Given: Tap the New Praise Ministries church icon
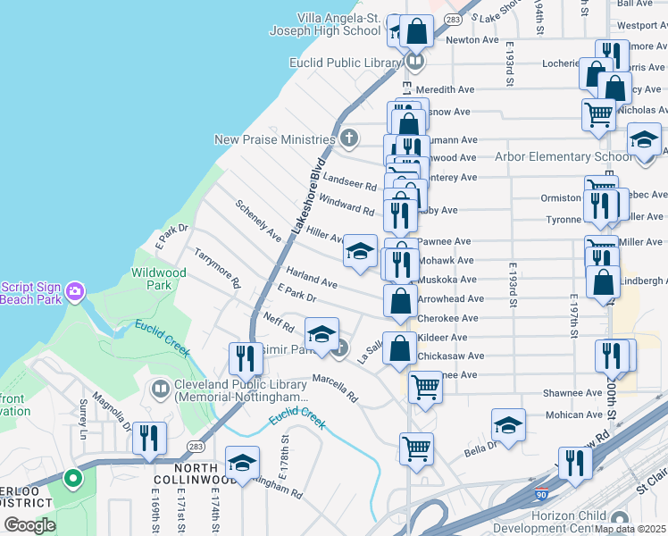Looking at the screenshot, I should click(349, 138).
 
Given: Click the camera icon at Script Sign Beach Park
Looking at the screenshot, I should click(75, 291).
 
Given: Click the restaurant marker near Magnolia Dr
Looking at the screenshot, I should click(148, 438).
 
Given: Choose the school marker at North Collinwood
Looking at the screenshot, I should click(240, 462).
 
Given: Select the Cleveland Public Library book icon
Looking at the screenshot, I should click(160, 389).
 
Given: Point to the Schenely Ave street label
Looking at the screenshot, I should click(259, 219).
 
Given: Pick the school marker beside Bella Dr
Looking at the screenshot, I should click(508, 424).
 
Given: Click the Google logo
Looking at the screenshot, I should click(29, 525).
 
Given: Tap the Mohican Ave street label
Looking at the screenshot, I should click(574, 415).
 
